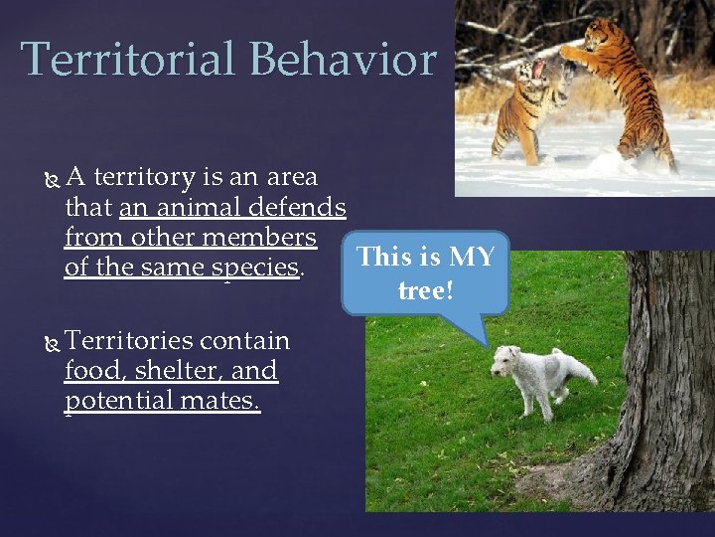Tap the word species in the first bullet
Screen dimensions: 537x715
[x=254, y=268]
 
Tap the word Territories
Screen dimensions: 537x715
[x=129, y=341]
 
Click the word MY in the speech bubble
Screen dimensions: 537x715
[x=472, y=257]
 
